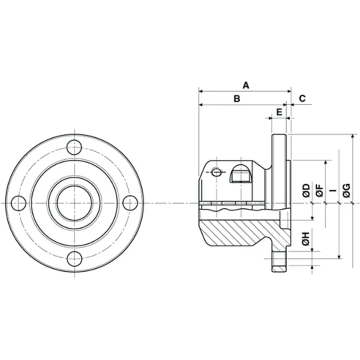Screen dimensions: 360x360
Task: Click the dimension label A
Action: pos(246,85)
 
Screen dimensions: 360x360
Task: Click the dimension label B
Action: pos(237,98)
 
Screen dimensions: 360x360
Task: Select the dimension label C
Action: pos(302,98)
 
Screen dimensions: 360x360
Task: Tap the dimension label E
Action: pos(279,111)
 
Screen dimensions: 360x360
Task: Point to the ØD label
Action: pos(306,190)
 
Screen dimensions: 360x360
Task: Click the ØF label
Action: pos(319,190)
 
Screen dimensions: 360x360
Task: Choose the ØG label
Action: pos(346,190)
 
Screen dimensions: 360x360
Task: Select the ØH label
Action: pos(306,239)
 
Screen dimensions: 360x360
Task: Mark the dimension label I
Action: pos(333,190)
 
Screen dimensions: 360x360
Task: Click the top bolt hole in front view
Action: pos(74,147)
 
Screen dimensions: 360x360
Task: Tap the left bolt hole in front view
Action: pos(18,203)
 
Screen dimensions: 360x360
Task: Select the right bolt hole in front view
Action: pos(130,203)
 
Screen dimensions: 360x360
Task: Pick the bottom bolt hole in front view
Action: pos(74,259)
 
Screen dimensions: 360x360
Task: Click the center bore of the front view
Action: pos(74,203)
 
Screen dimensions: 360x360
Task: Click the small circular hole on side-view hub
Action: pos(216,172)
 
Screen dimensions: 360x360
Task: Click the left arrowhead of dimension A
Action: pos(201,91)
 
